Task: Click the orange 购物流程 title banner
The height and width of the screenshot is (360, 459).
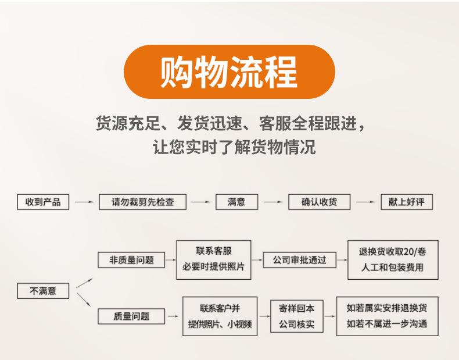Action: pyautogui.click(x=229, y=72)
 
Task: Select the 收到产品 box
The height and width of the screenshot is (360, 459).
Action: pyautogui.click(x=43, y=202)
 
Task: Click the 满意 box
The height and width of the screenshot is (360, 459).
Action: pyautogui.click(x=236, y=202)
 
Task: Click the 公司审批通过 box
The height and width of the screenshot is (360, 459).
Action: pyautogui.click(x=300, y=260)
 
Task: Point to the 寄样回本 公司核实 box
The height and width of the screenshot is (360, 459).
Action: pyautogui.click(x=296, y=316)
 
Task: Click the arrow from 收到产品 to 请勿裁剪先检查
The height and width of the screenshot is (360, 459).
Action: pyautogui.click(x=84, y=203)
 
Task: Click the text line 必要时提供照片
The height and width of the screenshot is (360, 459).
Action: pyautogui.click(x=213, y=268)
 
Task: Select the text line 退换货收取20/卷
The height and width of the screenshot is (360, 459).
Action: pyautogui.click(x=392, y=252)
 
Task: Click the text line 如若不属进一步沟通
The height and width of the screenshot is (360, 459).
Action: pyautogui.click(x=386, y=323)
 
